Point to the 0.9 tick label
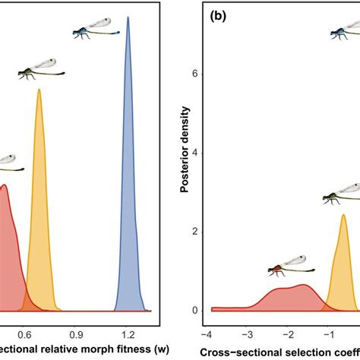76,332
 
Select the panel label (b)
213,17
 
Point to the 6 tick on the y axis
196,74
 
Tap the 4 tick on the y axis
196,153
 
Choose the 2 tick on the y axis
196,231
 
